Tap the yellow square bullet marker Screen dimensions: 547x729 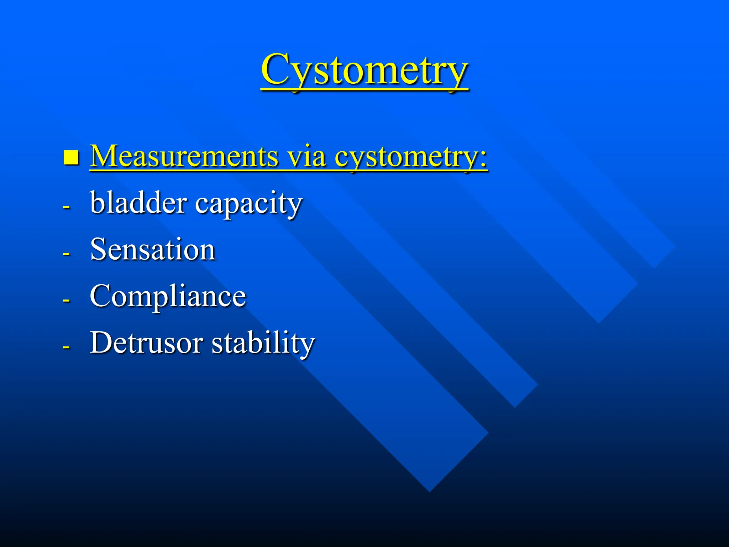point(71,157)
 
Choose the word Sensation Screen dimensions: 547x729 point(153,249)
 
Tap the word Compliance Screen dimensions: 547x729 point(168,297)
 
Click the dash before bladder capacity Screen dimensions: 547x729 point(66,207)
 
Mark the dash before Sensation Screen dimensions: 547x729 point(66,254)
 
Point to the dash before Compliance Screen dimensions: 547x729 point(66,300)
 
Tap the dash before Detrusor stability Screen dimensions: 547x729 point(66,347)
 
